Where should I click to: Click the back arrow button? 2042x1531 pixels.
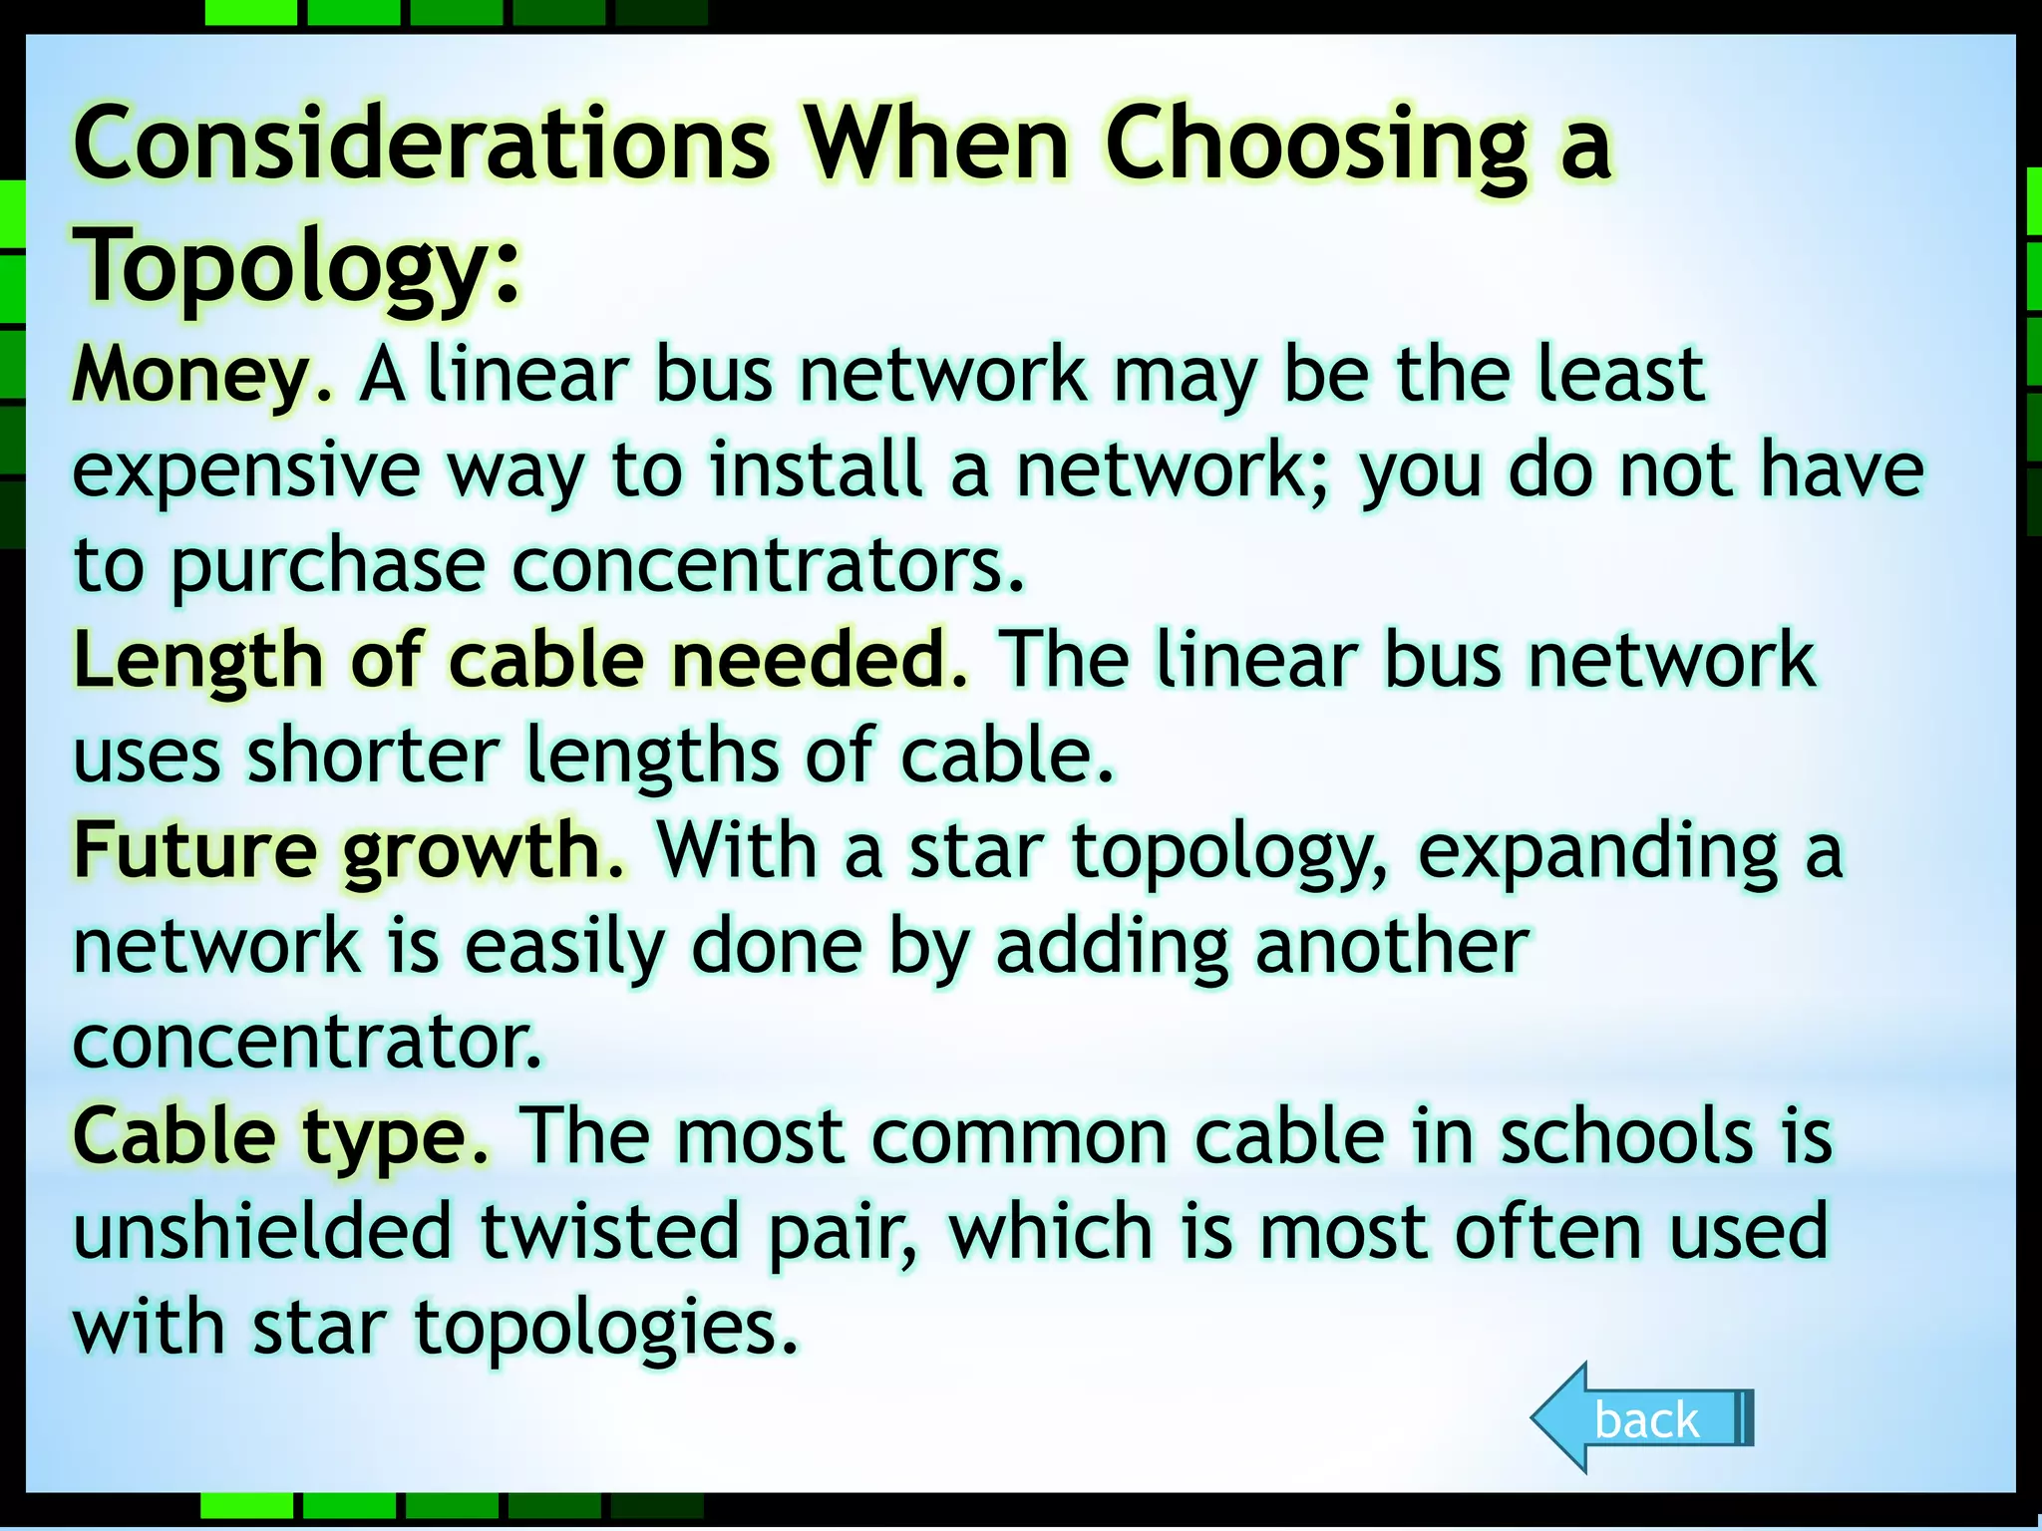pos(1643,1418)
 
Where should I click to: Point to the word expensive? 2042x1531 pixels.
pos(246,471)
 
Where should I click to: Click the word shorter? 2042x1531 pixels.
pos(373,755)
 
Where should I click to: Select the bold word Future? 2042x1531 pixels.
pos(194,850)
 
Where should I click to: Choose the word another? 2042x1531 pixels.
pos(1392,946)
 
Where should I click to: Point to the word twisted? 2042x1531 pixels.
pos(610,1231)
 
